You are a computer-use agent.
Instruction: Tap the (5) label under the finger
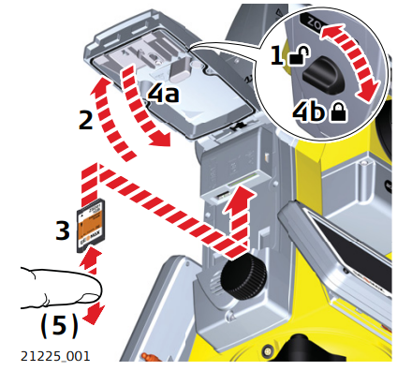click(58, 328)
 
